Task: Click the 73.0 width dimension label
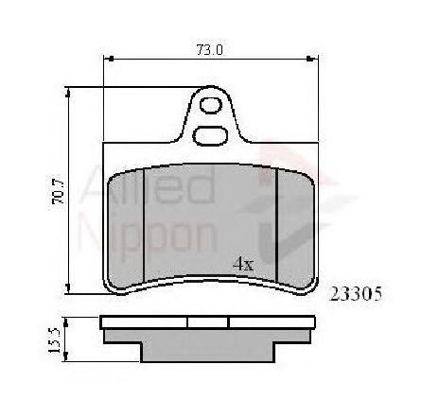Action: [x=209, y=50]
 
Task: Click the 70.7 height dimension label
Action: [x=59, y=192]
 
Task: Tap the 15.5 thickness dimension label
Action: [x=54, y=339]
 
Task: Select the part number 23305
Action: [x=356, y=294]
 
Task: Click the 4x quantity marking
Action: [x=243, y=264]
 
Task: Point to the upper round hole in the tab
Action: [x=211, y=105]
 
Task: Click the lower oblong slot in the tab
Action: [x=210, y=136]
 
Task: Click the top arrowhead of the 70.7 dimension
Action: [x=67, y=93]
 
